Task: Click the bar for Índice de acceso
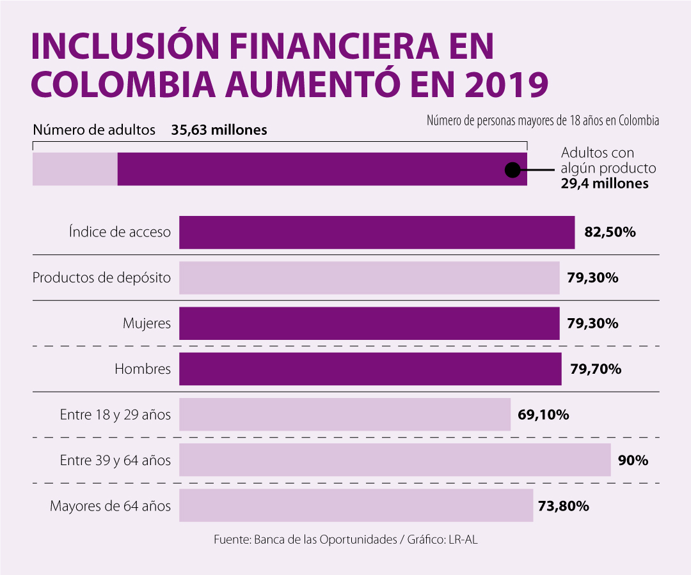(x=376, y=232)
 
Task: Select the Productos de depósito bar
(x=369, y=278)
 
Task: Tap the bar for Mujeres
(x=369, y=323)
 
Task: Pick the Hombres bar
(x=370, y=369)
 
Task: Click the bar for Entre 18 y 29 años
(x=344, y=415)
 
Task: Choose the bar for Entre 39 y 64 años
(x=395, y=460)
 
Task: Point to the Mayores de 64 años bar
(x=356, y=506)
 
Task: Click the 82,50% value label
(x=610, y=232)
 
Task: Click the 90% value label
(x=633, y=460)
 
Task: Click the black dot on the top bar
(x=512, y=170)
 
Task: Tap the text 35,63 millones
(x=219, y=130)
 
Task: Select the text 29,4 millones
(x=605, y=184)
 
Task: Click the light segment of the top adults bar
(x=75, y=169)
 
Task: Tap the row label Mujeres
(x=147, y=323)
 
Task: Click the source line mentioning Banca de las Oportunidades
(x=345, y=540)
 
